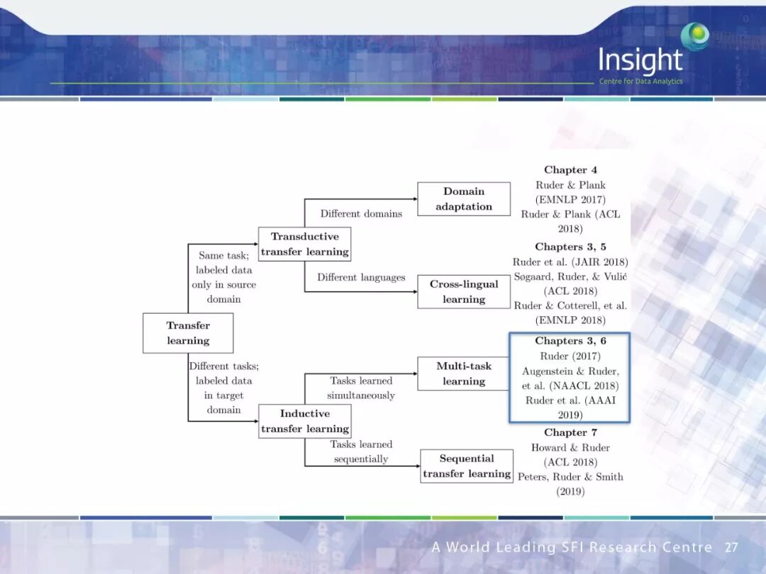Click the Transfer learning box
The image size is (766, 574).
[x=188, y=333]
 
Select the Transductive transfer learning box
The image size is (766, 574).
[x=304, y=244]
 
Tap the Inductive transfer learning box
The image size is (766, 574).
[x=304, y=421]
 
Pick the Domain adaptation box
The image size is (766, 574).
[x=464, y=199]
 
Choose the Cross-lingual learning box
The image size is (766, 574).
[x=464, y=291]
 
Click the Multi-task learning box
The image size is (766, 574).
[x=464, y=373]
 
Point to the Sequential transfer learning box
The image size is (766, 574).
[x=466, y=466]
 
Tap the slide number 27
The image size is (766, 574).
[x=731, y=547]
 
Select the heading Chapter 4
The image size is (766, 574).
[x=570, y=170]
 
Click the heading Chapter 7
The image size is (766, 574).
[x=570, y=432]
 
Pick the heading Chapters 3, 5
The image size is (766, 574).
[x=570, y=247]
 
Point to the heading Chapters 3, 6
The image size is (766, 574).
[x=570, y=341]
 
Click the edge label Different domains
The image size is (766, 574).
[x=361, y=213]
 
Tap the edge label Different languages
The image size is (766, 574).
[x=361, y=277]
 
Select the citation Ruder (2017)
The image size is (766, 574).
[x=570, y=356]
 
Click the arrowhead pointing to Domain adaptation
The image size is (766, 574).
[x=414, y=199]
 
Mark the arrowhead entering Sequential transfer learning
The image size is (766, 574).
[x=418, y=466]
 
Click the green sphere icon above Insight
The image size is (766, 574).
[x=694, y=35]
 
